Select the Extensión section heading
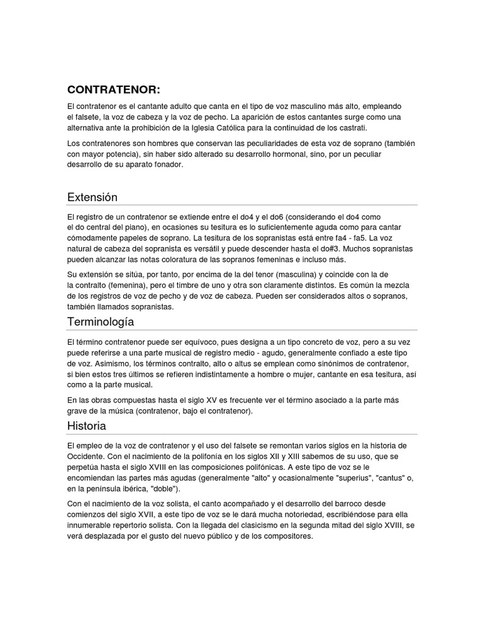[92, 197]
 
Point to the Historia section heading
[86, 426]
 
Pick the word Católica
[223, 127]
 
